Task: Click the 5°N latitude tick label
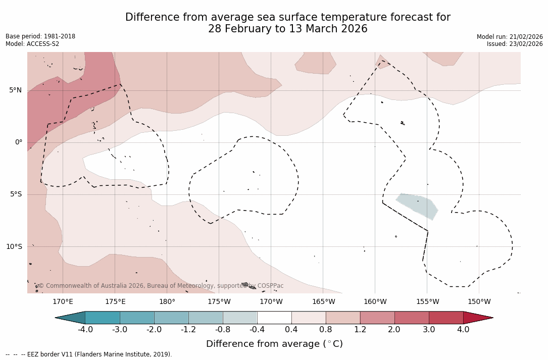15,90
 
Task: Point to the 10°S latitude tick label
14,247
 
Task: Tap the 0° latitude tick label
19,142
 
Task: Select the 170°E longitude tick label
63,302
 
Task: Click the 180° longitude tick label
167,302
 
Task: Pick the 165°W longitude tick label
323,302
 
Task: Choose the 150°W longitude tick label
479,302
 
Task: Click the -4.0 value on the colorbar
85,330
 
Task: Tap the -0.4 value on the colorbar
257,330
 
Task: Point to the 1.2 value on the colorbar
360,330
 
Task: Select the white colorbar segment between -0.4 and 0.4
274,318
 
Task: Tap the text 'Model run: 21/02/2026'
510,37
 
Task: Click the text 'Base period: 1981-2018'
40,36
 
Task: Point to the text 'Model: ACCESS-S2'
32,44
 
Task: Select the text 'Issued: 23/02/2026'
515,44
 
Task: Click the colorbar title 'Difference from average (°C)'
274,344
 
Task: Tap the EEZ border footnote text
89,354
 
